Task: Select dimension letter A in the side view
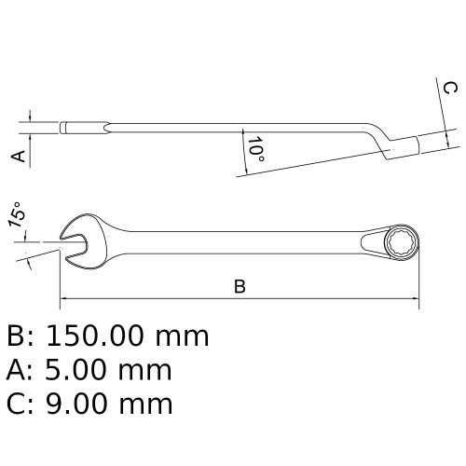pos(16,156)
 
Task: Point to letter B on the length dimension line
pos(240,287)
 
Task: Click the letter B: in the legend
pos(20,336)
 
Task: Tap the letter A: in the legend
pos(20,370)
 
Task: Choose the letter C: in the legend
pos(20,404)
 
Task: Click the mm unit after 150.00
pos(181,336)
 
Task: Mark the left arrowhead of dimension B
pos(65,300)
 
